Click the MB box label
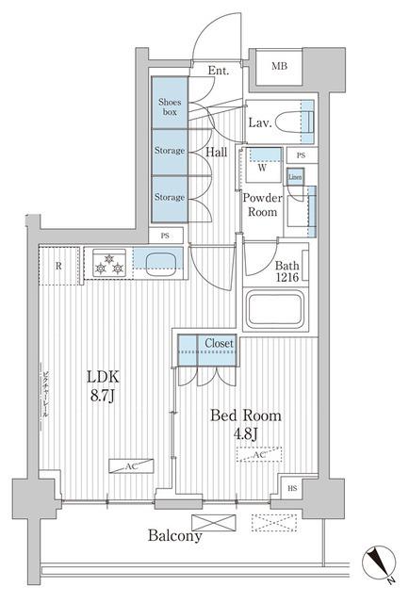click(281, 66)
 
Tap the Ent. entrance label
click(219, 70)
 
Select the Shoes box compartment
click(170, 106)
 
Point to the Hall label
click(216, 150)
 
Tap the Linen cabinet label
click(296, 177)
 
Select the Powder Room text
click(263, 204)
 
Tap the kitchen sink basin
click(160, 261)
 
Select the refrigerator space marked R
click(58, 266)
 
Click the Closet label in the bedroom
click(219, 344)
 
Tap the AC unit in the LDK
click(125, 464)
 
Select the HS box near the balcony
click(292, 489)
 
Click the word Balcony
click(173, 536)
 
